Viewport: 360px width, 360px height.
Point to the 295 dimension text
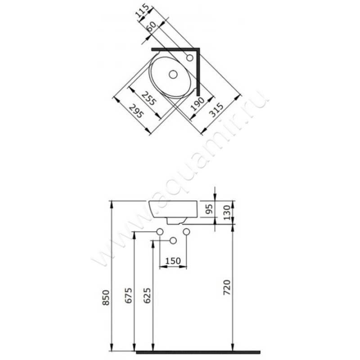pos(135,111)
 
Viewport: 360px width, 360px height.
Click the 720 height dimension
pos(227,287)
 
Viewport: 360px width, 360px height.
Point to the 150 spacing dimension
pos(173,261)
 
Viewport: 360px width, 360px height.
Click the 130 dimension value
pos(226,211)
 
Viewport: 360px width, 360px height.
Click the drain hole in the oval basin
pos(173,74)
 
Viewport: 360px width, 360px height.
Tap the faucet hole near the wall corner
pos(189,58)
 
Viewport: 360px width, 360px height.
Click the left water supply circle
pos(159,231)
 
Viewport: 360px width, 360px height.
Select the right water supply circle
pos(187,231)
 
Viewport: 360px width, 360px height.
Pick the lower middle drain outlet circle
pos(173,241)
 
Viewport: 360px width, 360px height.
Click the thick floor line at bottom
pos(198,351)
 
